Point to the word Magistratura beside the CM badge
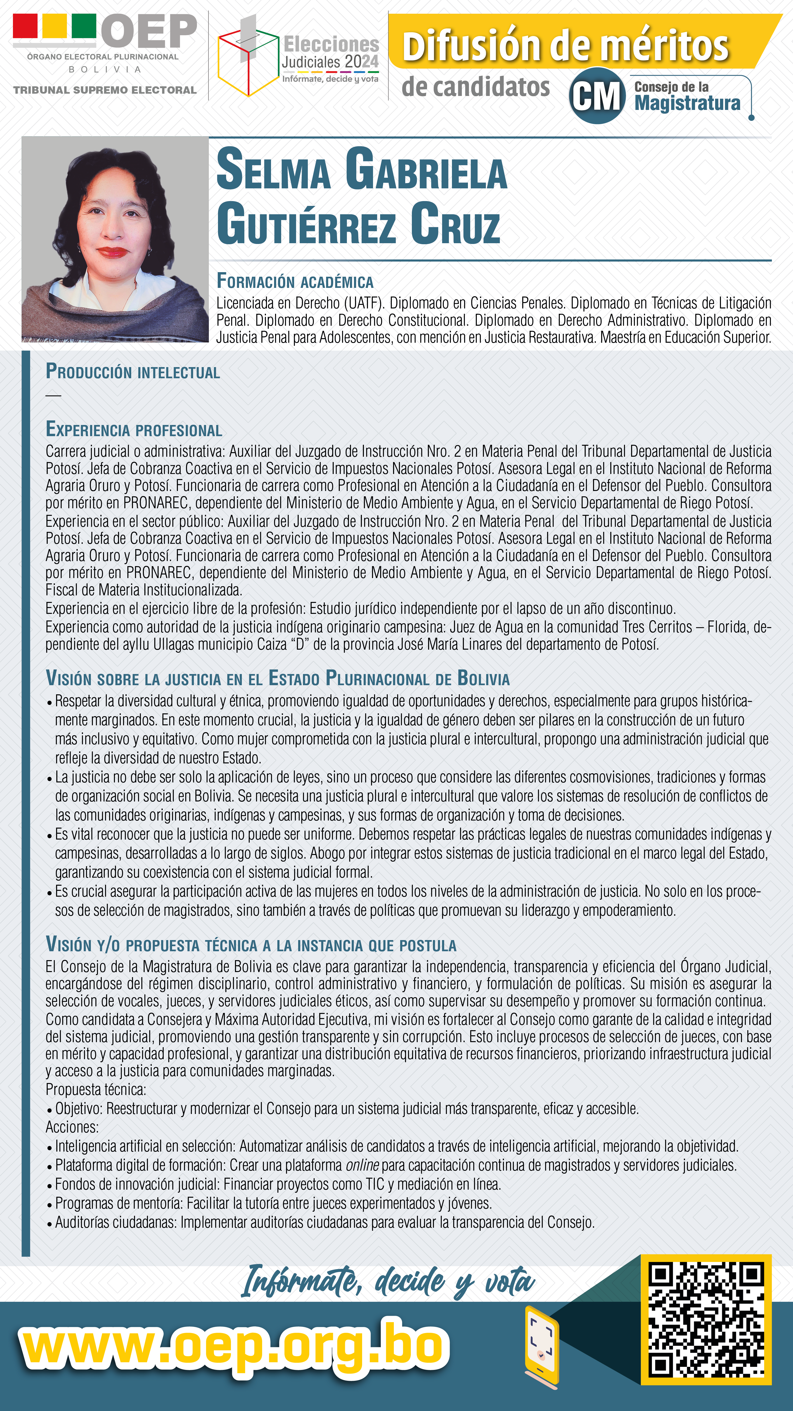(x=687, y=103)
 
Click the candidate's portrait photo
(x=115, y=239)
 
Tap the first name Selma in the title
(x=274, y=170)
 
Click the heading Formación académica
(x=295, y=281)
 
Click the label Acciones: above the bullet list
(x=72, y=1127)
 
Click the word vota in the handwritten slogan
(x=509, y=1282)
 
